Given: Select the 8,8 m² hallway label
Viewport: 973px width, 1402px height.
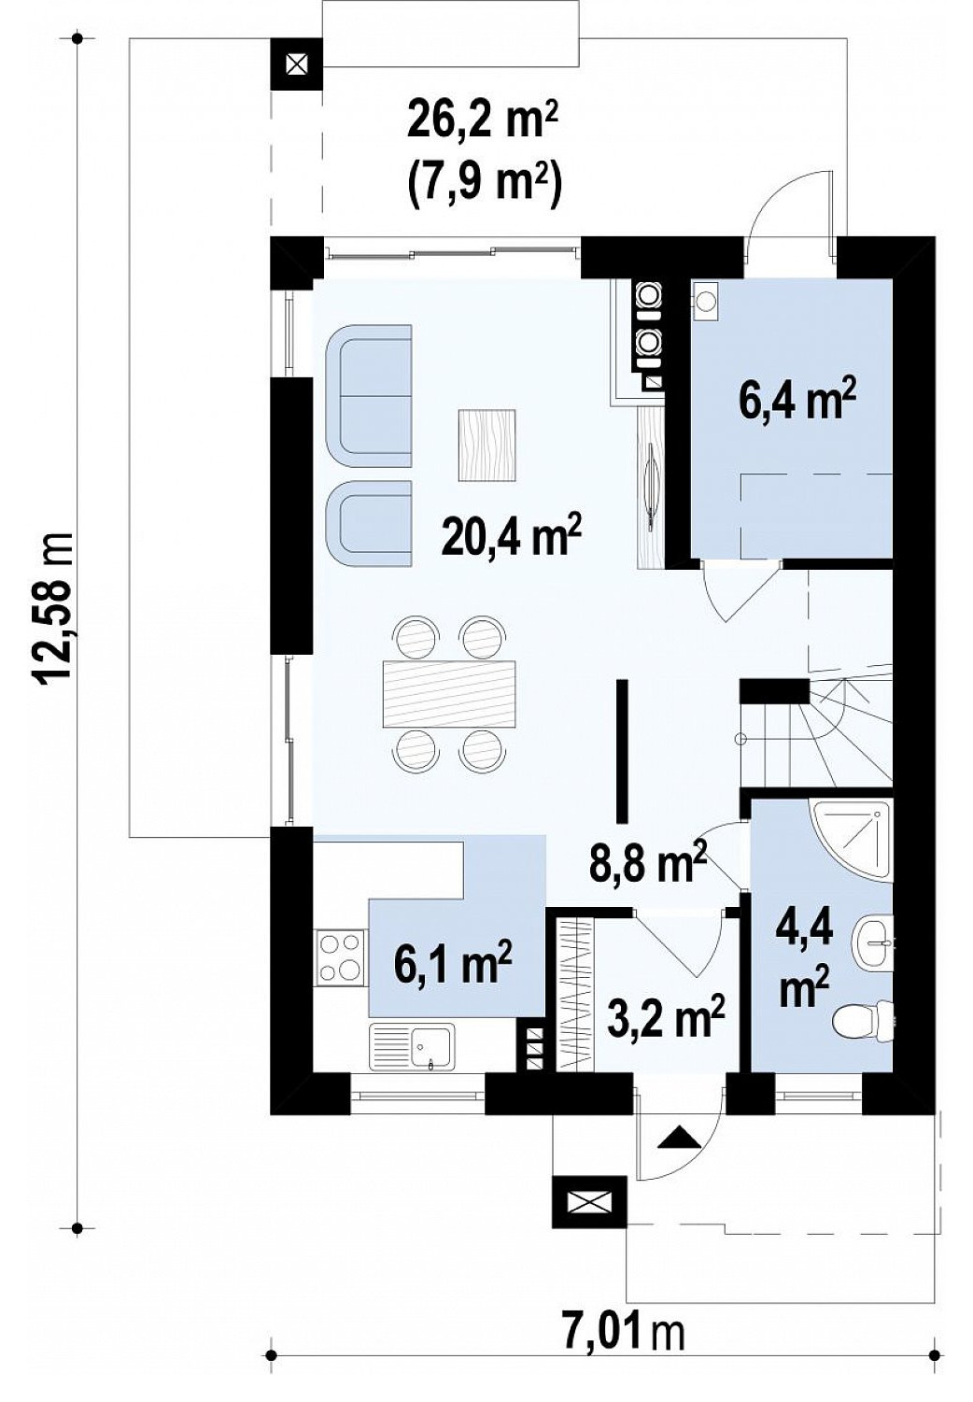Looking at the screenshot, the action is [647, 860].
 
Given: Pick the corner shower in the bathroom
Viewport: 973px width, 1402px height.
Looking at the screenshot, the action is [851, 840].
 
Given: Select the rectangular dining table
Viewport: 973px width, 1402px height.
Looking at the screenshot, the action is [448, 693].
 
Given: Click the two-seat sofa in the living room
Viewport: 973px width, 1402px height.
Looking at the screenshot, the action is [369, 395].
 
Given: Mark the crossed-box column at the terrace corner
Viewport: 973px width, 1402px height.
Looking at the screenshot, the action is [297, 64].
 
